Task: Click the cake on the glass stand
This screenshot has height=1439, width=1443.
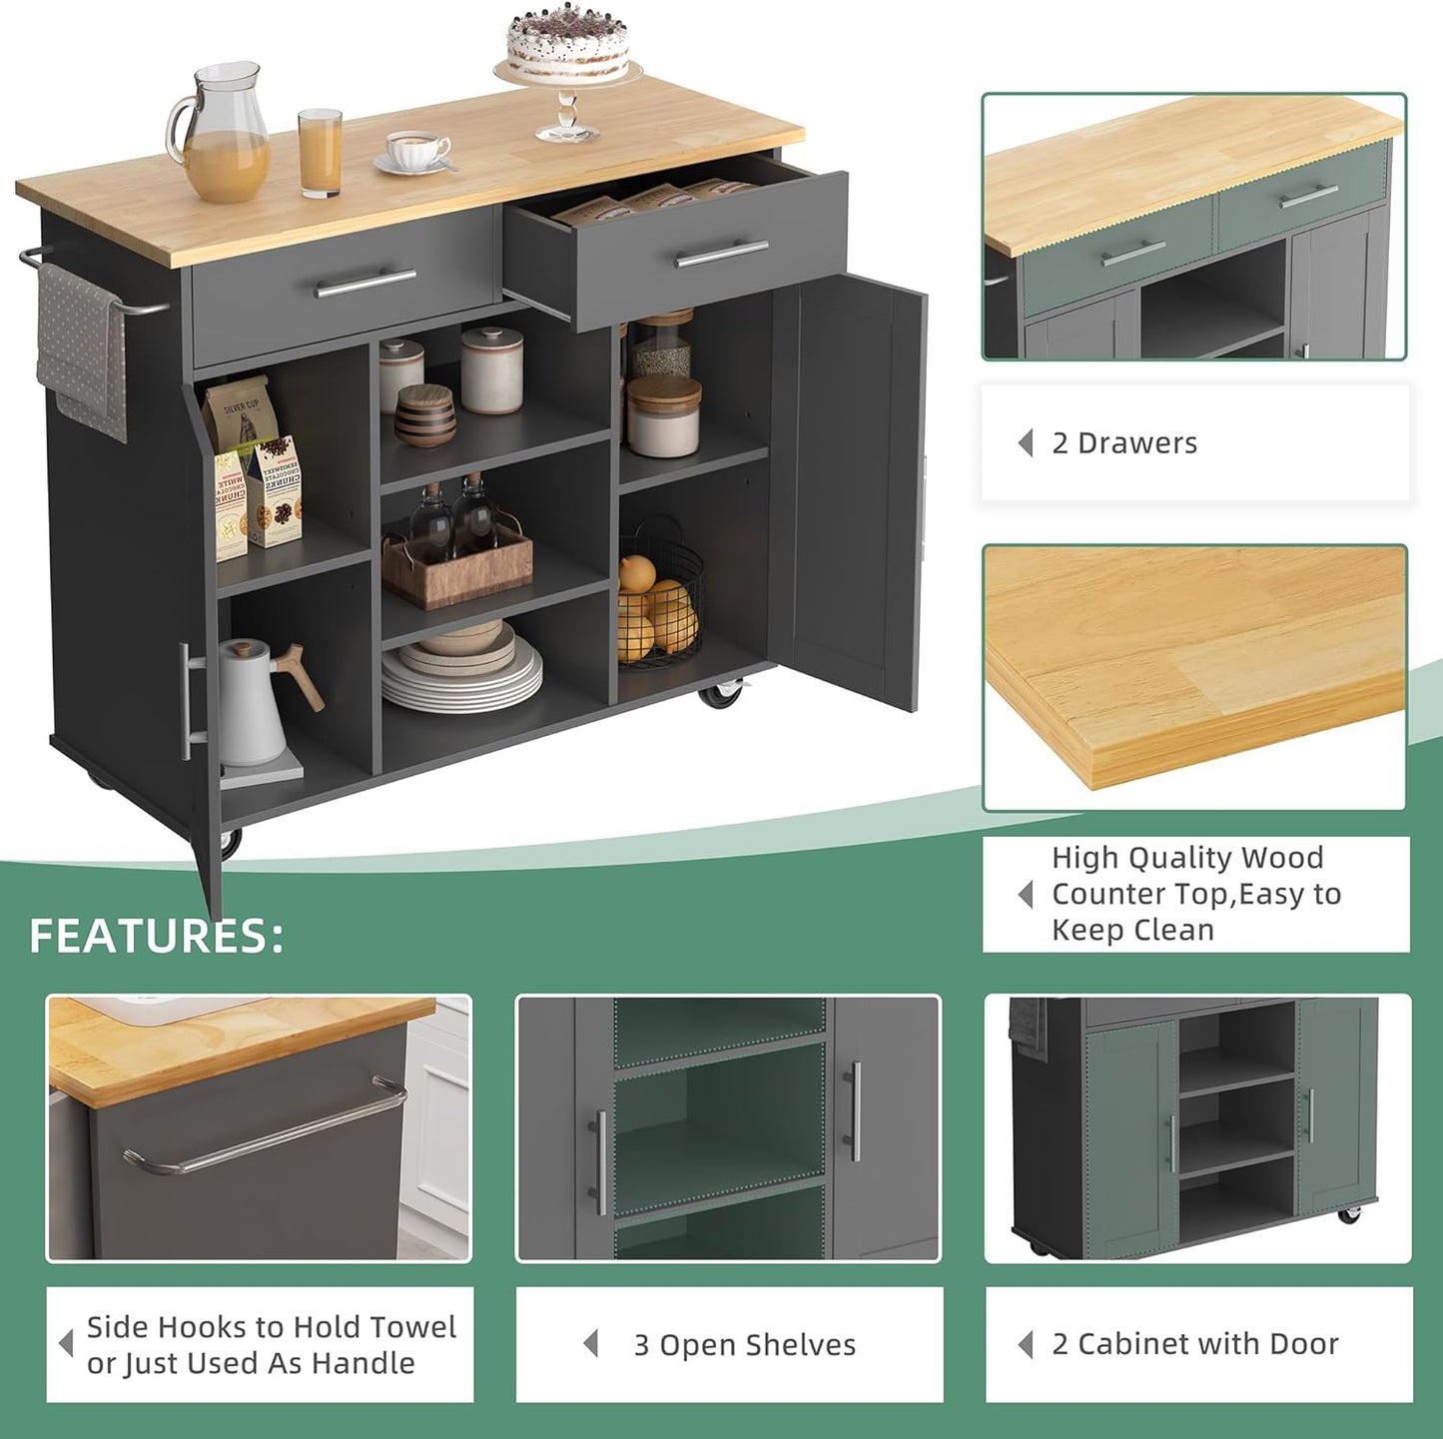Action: click(x=567, y=46)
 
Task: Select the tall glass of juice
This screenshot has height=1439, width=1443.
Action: click(x=320, y=152)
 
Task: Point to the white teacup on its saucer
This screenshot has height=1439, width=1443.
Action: click(x=417, y=150)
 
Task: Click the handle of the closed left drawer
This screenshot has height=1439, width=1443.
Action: click(x=365, y=283)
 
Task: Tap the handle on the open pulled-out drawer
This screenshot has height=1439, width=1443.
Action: click(x=721, y=254)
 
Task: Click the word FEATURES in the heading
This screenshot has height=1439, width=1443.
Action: click(x=156, y=936)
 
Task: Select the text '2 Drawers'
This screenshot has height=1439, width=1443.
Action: click(x=1124, y=442)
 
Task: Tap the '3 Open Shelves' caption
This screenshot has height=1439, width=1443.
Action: click(x=744, y=1344)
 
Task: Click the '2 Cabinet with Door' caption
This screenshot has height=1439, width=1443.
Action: click(x=1194, y=1343)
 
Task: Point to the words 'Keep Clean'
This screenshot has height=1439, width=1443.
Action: click(x=1132, y=930)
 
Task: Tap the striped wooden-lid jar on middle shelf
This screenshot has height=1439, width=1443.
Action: click(x=424, y=413)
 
